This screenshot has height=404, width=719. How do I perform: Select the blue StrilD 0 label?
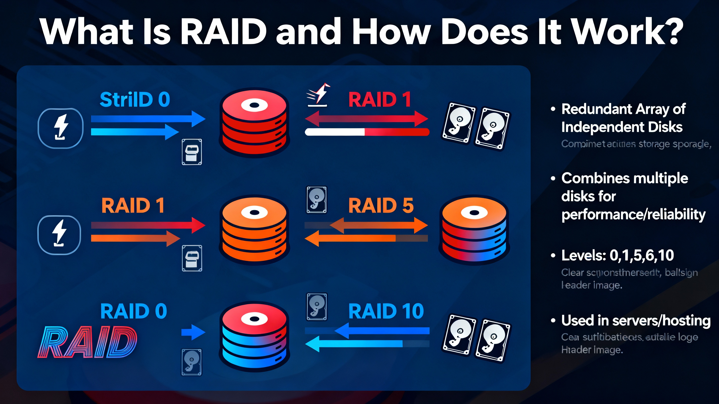click(135, 100)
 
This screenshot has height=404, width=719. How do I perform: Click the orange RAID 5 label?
click(381, 206)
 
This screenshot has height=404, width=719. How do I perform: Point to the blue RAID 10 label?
click(386, 311)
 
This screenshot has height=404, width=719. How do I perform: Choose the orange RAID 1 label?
click(133, 206)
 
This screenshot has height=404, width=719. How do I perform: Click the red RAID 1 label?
click(380, 100)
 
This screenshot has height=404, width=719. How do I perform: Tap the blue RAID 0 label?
click(133, 311)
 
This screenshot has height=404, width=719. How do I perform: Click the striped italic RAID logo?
click(87, 342)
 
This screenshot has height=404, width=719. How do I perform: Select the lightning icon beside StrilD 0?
click(61, 128)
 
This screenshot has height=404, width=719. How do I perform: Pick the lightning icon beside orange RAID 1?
click(59, 235)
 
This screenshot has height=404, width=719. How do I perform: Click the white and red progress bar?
click(367, 132)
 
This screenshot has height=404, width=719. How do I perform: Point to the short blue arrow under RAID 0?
click(193, 332)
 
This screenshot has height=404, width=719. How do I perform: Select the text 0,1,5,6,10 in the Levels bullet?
click(642, 255)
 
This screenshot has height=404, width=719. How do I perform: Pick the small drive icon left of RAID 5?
click(317, 200)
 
